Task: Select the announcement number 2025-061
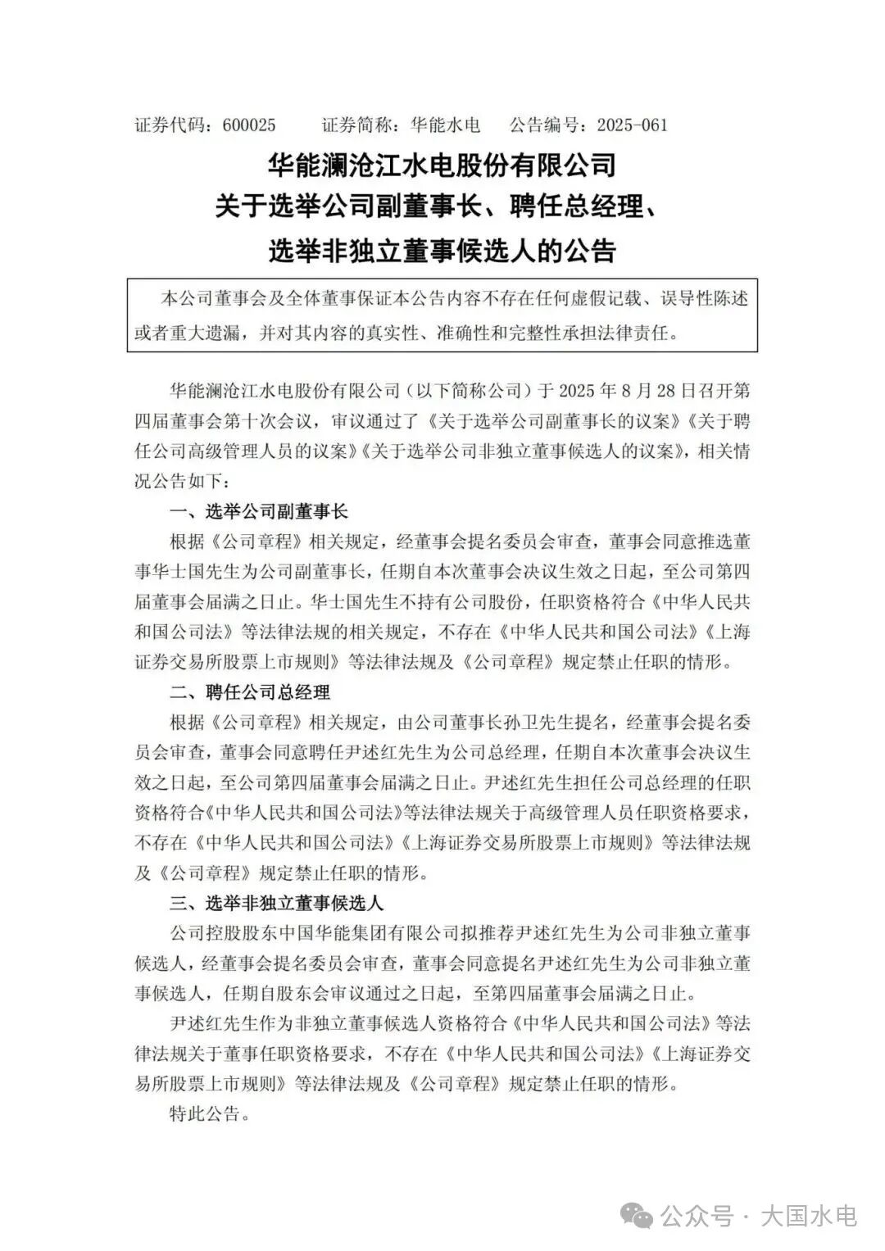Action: (x=632, y=125)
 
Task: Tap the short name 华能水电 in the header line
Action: (x=445, y=125)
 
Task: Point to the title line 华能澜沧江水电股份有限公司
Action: (x=442, y=166)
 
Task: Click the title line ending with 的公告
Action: (x=442, y=250)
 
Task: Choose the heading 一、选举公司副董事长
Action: (x=259, y=512)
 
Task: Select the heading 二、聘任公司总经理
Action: (x=250, y=692)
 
